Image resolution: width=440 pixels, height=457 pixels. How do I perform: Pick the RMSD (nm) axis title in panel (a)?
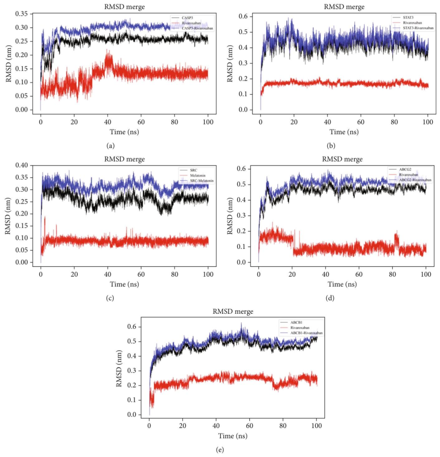click(x=9, y=62)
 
